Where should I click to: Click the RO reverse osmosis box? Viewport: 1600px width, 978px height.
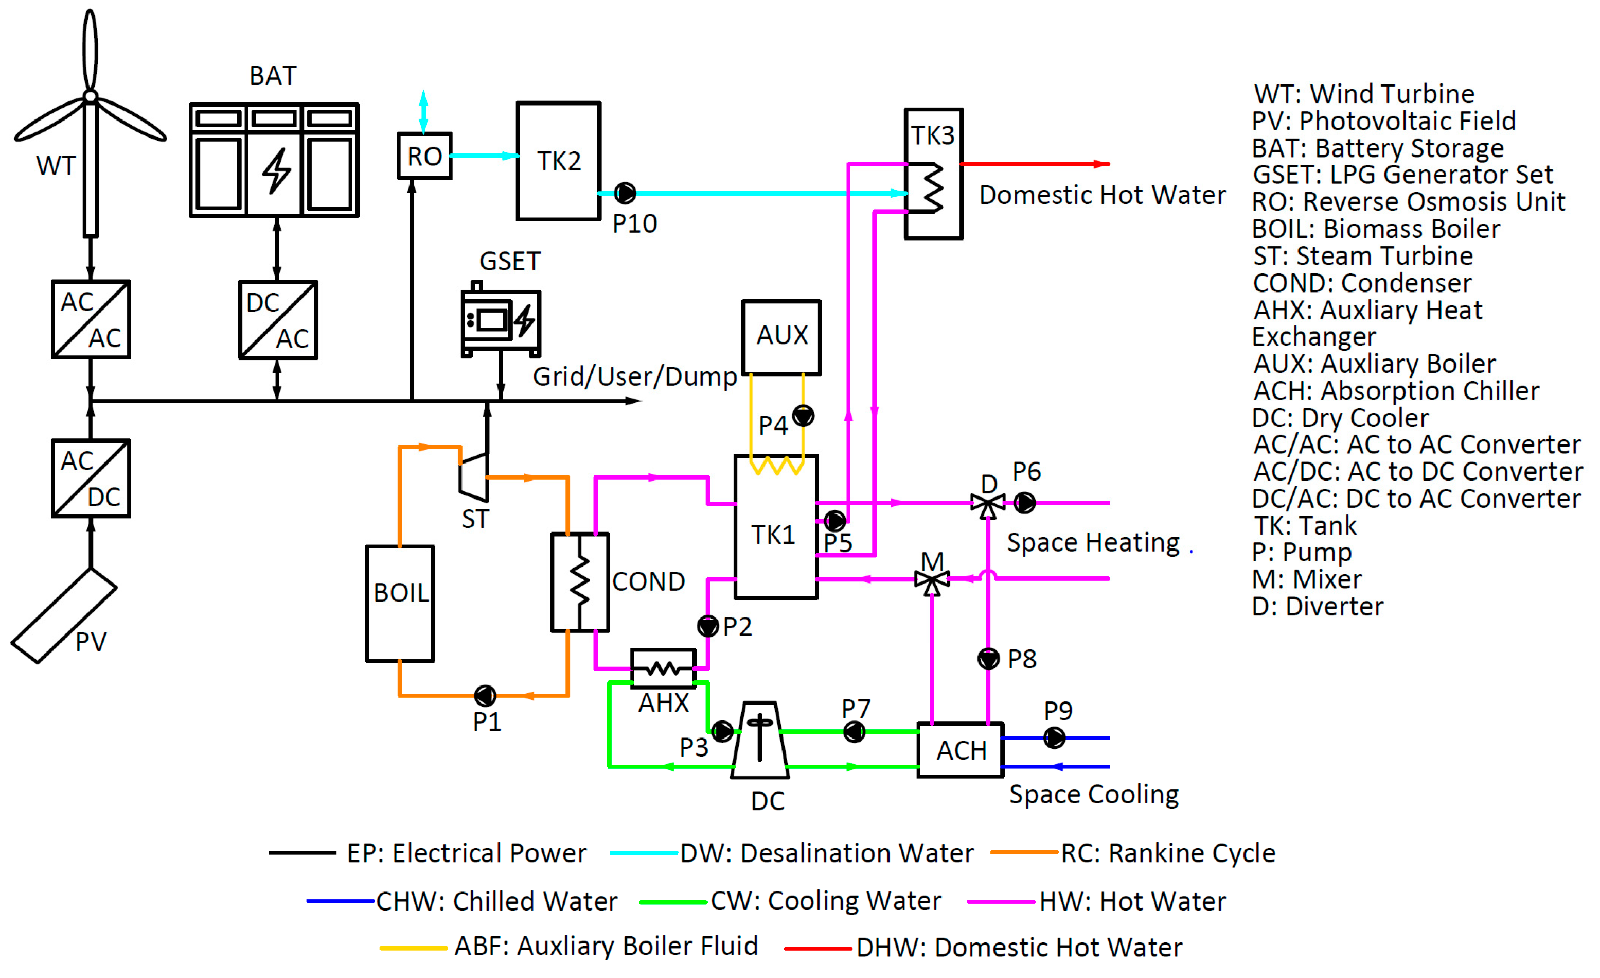pos(424,156)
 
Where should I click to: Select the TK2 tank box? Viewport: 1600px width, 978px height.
pos(558,161)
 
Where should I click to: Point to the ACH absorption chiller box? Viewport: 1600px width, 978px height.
pos(961,750)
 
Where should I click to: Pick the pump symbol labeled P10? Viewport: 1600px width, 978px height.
pos(625,193)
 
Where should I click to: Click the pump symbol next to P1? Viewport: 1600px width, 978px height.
pos(485,696)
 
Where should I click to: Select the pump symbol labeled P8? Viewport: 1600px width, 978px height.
pos(988,659)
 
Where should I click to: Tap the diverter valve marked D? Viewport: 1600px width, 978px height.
pos(988,504)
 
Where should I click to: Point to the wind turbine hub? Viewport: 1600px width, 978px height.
pos(90,97)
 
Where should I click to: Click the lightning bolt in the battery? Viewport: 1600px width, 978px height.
pos(277,170)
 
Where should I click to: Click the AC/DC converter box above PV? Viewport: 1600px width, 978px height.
pos(91,478)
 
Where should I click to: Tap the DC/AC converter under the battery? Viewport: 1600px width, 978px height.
pos(278,320)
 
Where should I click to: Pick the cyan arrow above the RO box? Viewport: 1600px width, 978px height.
pos(423,111)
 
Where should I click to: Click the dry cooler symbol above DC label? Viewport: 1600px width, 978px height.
pos(760,740)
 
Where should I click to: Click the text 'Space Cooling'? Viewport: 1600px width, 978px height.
pos(1094,794)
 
